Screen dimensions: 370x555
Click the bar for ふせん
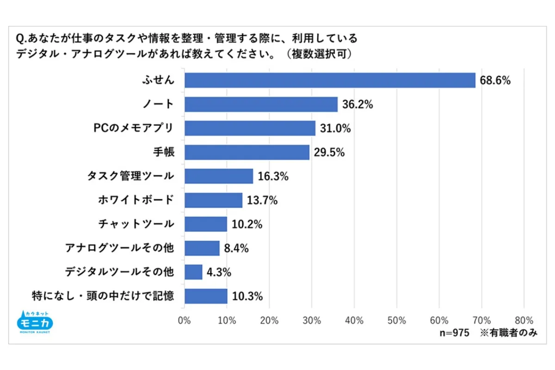point(330,80)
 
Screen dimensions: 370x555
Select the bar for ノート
point(261,104)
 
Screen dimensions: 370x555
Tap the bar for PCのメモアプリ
point(250,128)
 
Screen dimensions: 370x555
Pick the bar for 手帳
point(247,152)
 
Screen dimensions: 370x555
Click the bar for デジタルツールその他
point(193,272)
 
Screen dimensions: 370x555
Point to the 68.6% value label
point(495,80)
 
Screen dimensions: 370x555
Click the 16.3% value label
point(273,176)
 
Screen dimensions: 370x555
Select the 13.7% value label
point(262,200)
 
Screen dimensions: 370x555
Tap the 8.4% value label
point(236,248)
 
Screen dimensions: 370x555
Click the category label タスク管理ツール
point(130,176)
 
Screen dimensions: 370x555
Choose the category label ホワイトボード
point(136,200)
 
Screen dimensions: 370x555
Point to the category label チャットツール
point(136,224)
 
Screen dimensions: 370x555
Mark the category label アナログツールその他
point(119,248)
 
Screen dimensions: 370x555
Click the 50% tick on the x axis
point(396,320)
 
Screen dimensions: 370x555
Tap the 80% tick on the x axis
point(524,320)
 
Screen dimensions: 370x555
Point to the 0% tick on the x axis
point(185,320)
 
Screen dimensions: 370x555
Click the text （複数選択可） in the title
point(319,54)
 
